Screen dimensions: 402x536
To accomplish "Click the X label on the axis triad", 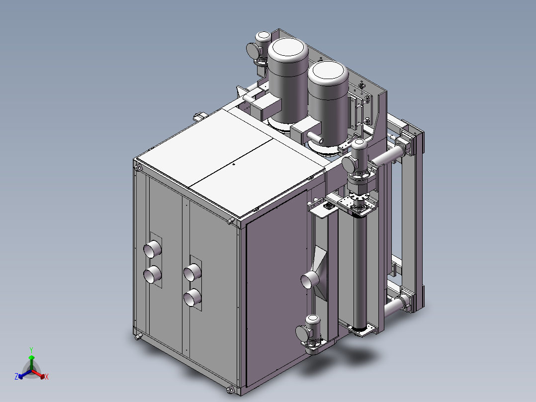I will [47, 377].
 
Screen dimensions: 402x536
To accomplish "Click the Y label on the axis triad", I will [31, 350].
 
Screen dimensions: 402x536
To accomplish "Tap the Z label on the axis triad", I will [16, 377].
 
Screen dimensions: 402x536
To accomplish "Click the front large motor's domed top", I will [328, 74].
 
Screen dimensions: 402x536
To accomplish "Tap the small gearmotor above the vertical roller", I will [357, 159].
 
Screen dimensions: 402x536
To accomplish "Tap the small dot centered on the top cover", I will [233, 163].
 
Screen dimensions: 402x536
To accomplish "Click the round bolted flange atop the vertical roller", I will [359, 203].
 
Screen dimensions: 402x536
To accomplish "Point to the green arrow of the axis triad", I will [31, 359].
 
